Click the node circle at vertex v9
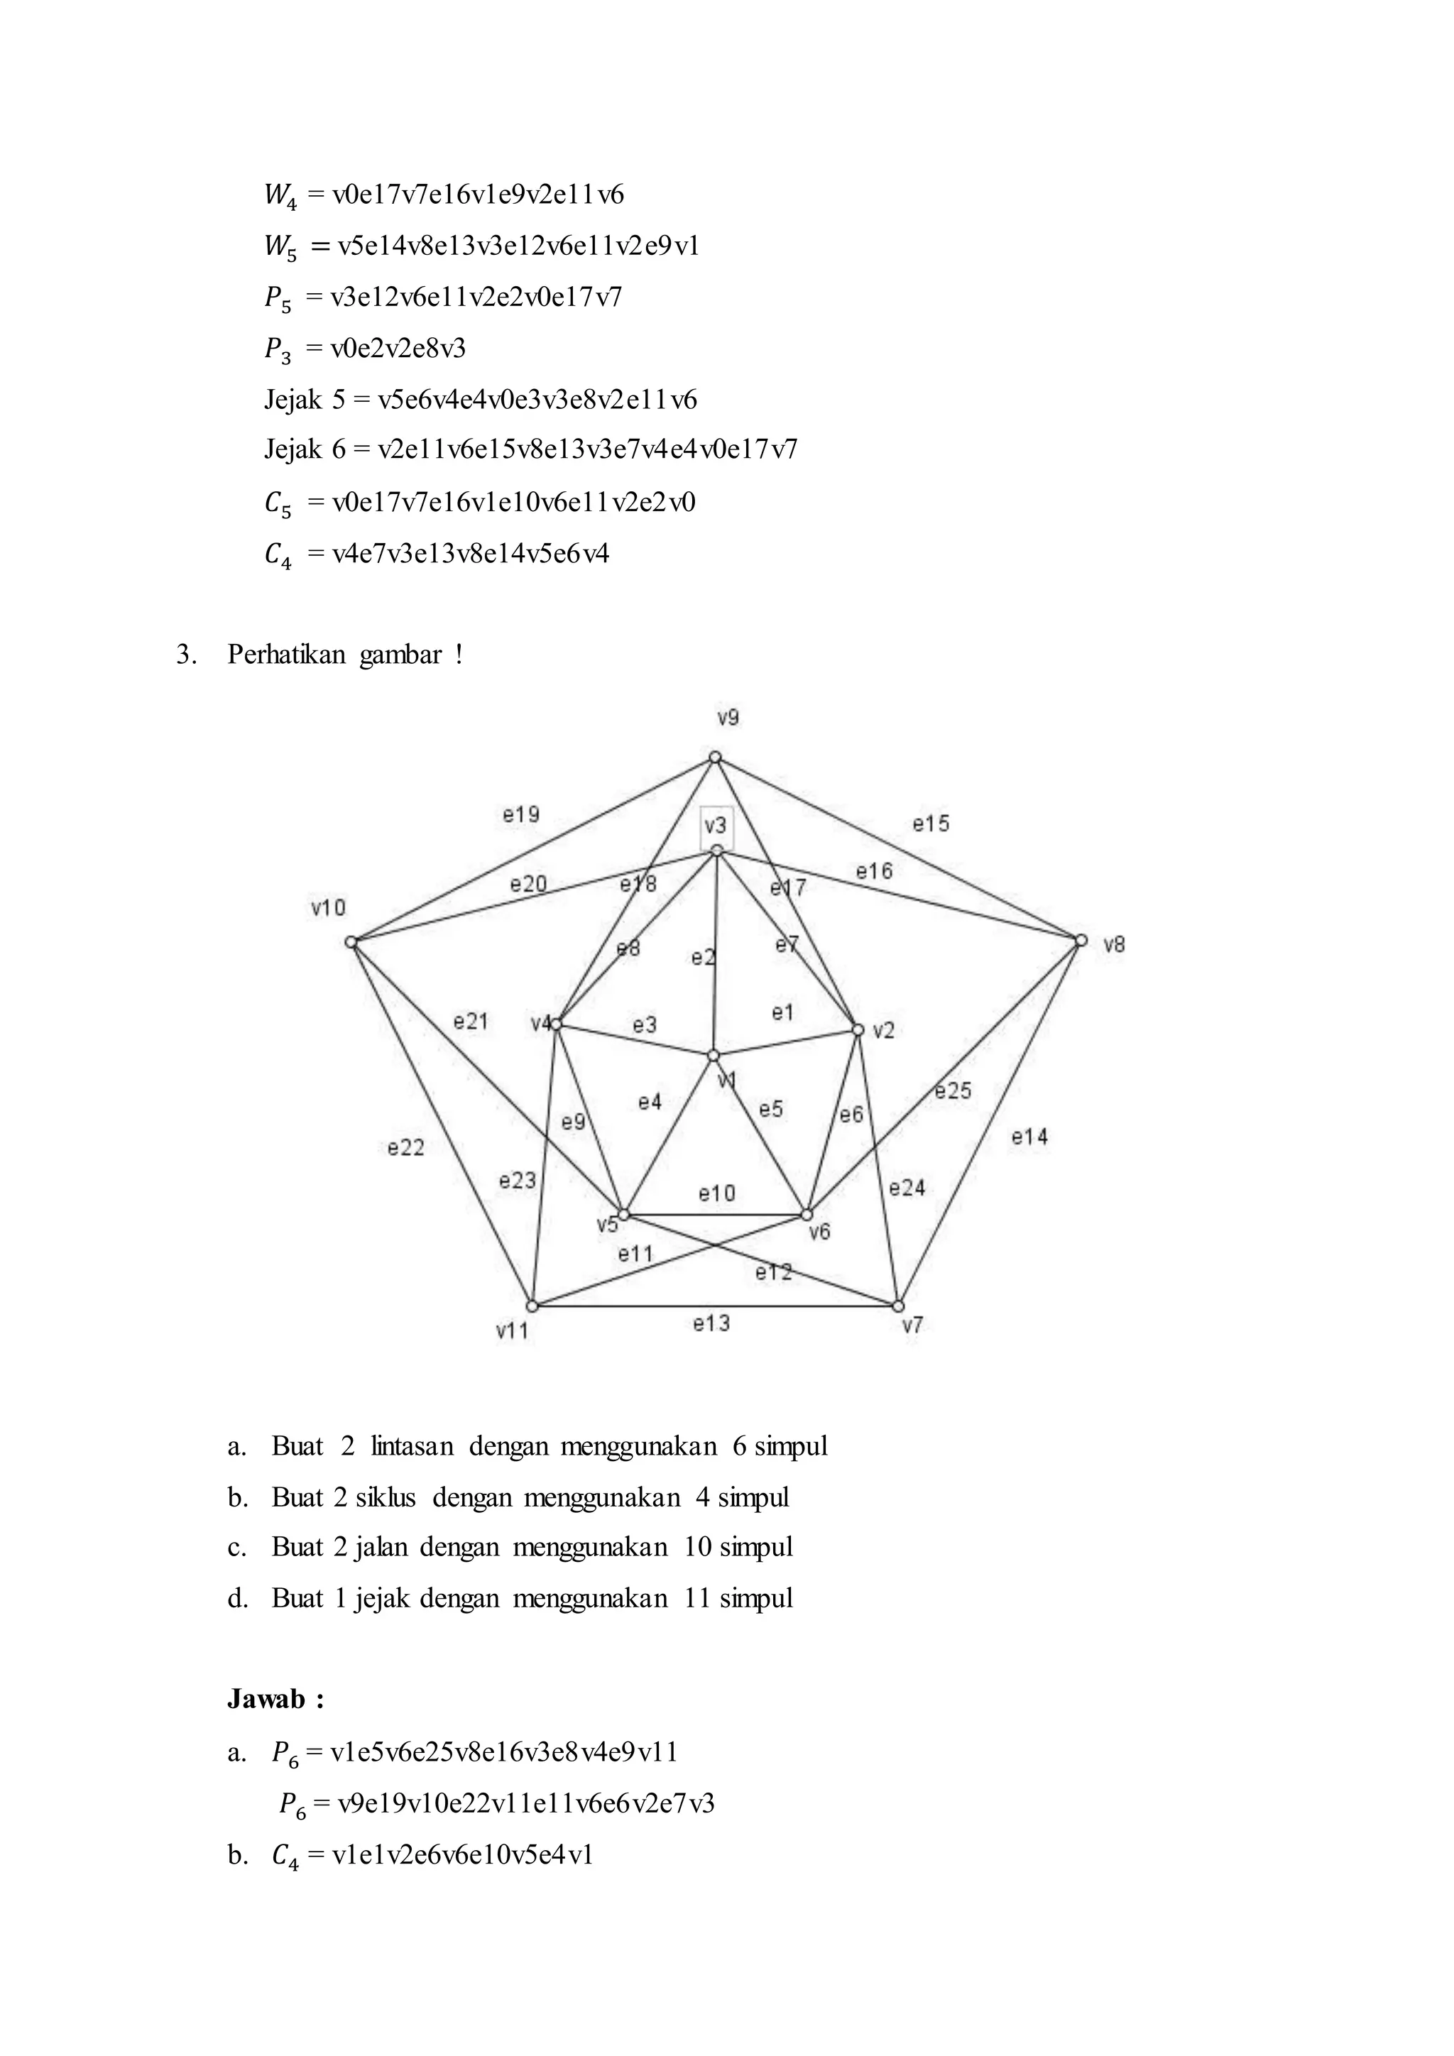(x=714, y=758)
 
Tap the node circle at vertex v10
(x=351, y=942)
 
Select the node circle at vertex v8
(x=1081, y=940)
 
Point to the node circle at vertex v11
(x=532, y=1306)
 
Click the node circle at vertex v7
(x=899, y=1306)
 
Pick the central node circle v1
(x=714, y=1056)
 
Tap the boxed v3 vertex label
(x=716, y=826)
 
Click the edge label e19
(x=520, y=815)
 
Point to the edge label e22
(x=405, y=1148)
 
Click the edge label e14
(x=1029, y=1137)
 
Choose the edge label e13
(x=712, y=1323)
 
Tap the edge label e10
(x=716, y=1193)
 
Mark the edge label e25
(x=953, y=1090)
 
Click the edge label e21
(x=470, y=1022)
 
